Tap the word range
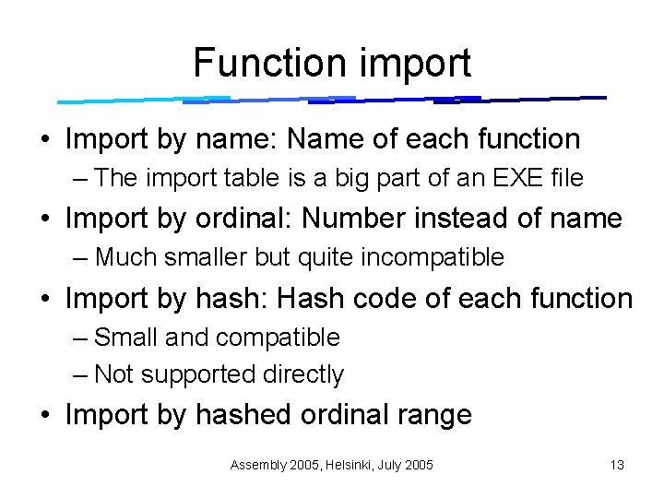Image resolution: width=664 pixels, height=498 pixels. point(433,415)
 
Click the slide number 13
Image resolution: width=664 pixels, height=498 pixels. point(617,465)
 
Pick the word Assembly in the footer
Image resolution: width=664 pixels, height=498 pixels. point(257,465)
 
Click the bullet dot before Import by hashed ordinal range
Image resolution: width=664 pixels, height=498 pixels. point(44,416)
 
